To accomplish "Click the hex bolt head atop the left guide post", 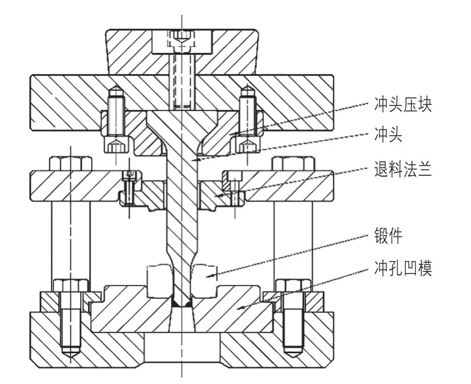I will [71, 164].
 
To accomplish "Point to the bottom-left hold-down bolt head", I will [71, 286].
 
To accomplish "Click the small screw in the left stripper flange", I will [129, 187].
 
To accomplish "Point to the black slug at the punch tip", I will [181, 303].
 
